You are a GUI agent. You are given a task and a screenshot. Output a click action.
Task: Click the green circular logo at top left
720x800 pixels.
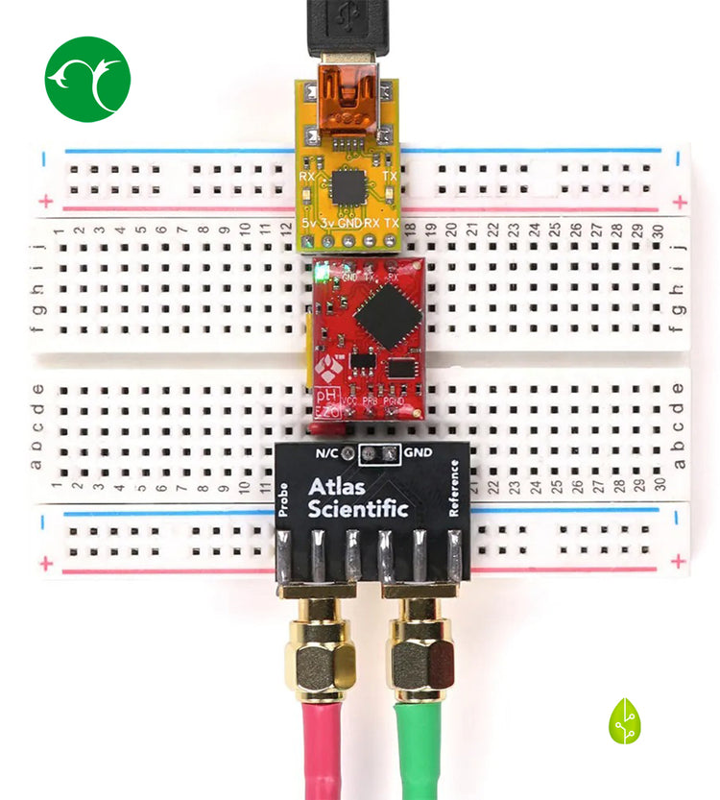(87, 79)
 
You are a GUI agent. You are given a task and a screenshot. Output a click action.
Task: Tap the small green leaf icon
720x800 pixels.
(624, 721)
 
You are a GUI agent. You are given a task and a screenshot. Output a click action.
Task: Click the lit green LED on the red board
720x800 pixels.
(325, 274)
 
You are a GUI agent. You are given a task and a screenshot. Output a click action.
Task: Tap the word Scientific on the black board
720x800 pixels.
(358, 509)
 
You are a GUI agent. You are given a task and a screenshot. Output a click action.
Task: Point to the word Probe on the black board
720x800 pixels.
(284, 498)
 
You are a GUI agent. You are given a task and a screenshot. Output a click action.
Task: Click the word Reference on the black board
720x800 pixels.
(454, 489)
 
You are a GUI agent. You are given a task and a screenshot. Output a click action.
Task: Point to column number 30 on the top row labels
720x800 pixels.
(659, 230)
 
